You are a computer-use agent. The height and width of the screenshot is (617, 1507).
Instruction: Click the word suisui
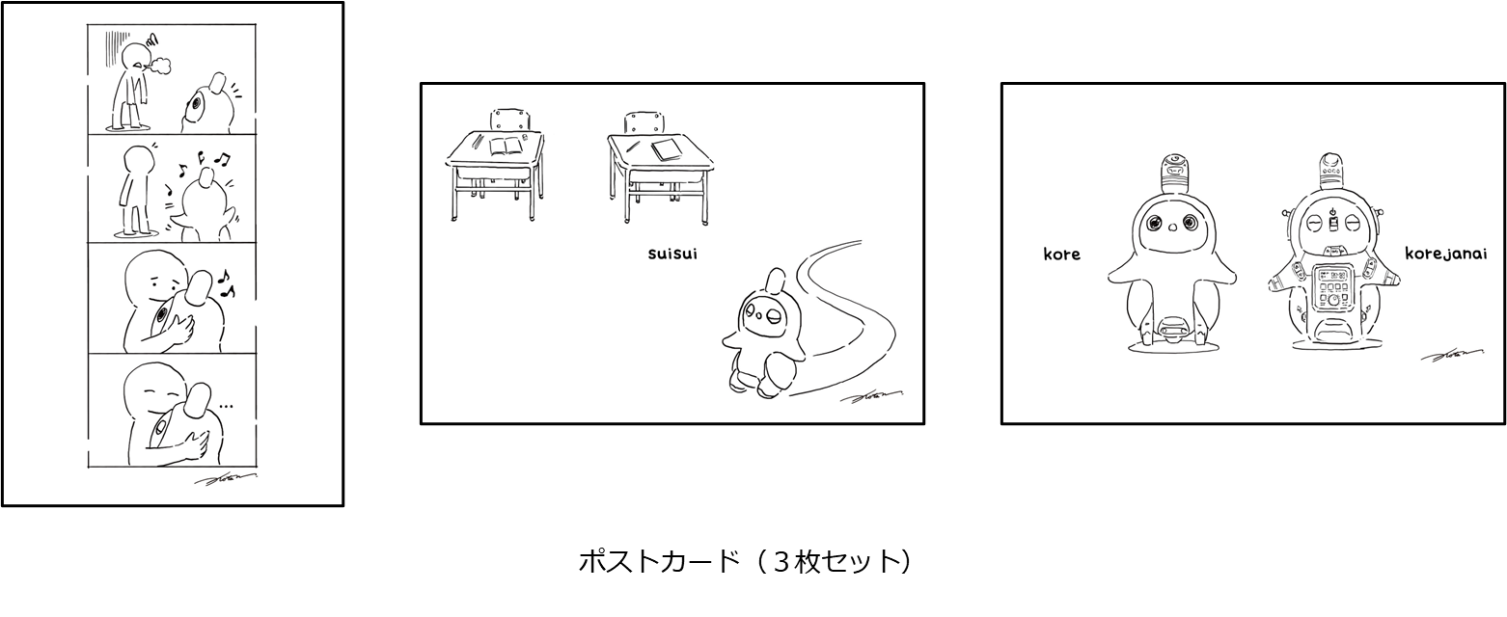click(672, 255)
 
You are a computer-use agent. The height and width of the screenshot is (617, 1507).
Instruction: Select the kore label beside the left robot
click(1061, 255)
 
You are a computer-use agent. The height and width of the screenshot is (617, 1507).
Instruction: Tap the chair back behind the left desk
click(510, 120)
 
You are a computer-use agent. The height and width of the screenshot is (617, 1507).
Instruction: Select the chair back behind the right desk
click(644, 123)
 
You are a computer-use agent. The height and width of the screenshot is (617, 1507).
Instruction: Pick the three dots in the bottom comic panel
click(226, 407)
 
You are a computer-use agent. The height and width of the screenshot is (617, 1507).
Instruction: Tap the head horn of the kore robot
click(1174, 173)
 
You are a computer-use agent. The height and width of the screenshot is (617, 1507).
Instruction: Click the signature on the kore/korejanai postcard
click(1452, 356)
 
